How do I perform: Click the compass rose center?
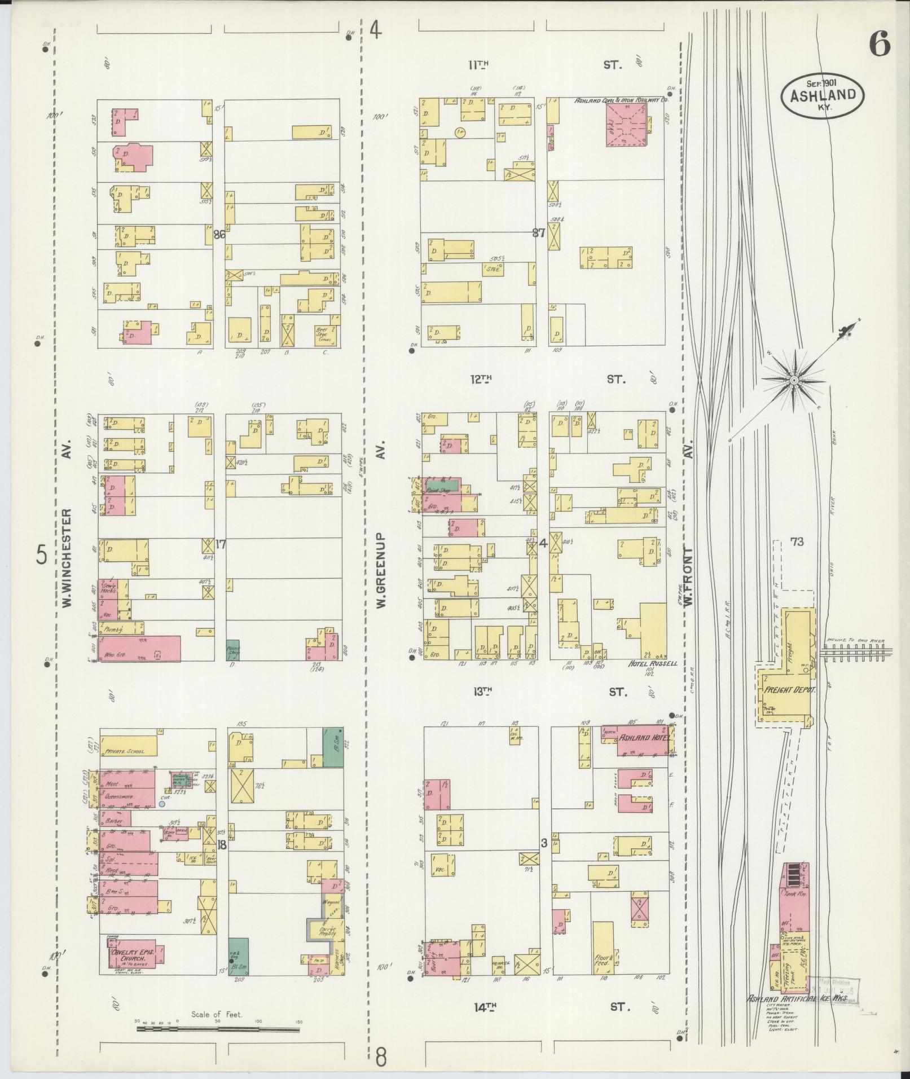tap(794, 381)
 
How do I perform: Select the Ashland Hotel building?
tap(643, 739)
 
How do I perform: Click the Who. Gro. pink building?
tap(140, 648)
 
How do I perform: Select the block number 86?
tap(219, 235)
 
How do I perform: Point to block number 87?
tap(539, 232)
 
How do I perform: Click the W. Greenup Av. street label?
tap(381, 570)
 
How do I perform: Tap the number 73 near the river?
tap(797, 542)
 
